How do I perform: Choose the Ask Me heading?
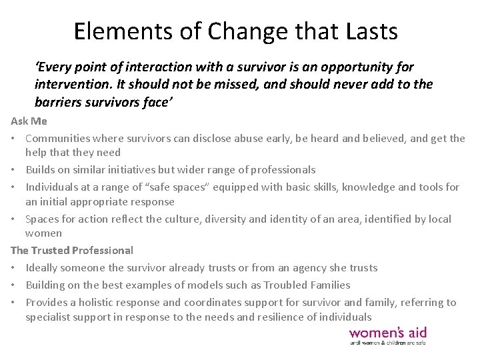click(24, 121)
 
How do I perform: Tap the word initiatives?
click(141, 170)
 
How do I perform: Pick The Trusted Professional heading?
click(72, 251)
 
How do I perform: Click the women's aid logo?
click(387, 335)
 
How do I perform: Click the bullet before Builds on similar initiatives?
click(15, 170)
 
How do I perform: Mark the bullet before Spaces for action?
click(15, 219)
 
